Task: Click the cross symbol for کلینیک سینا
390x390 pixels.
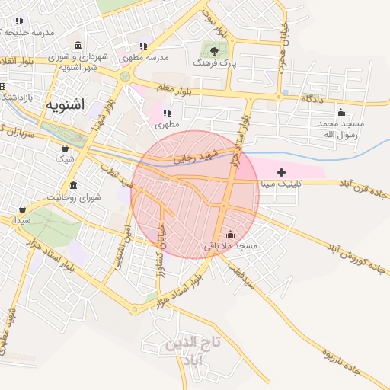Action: click(x=282, y=172)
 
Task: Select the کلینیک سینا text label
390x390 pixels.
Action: click(x=283, y=184)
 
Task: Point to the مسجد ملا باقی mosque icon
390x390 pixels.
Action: click(x=230, y=235)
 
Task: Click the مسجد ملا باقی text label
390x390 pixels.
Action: click(x=231, y=247)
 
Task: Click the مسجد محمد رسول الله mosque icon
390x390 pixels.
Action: click(x=340, y=113)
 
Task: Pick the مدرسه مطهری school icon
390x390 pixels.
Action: click(x=145, y=45)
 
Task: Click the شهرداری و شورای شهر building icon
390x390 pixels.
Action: click(x=79, y=45)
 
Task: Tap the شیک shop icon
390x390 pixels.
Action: click(x=65, y=148)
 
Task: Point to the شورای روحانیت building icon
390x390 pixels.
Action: click(x=73, y=185)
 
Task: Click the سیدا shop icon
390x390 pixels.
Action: click(x=22, y=209)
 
